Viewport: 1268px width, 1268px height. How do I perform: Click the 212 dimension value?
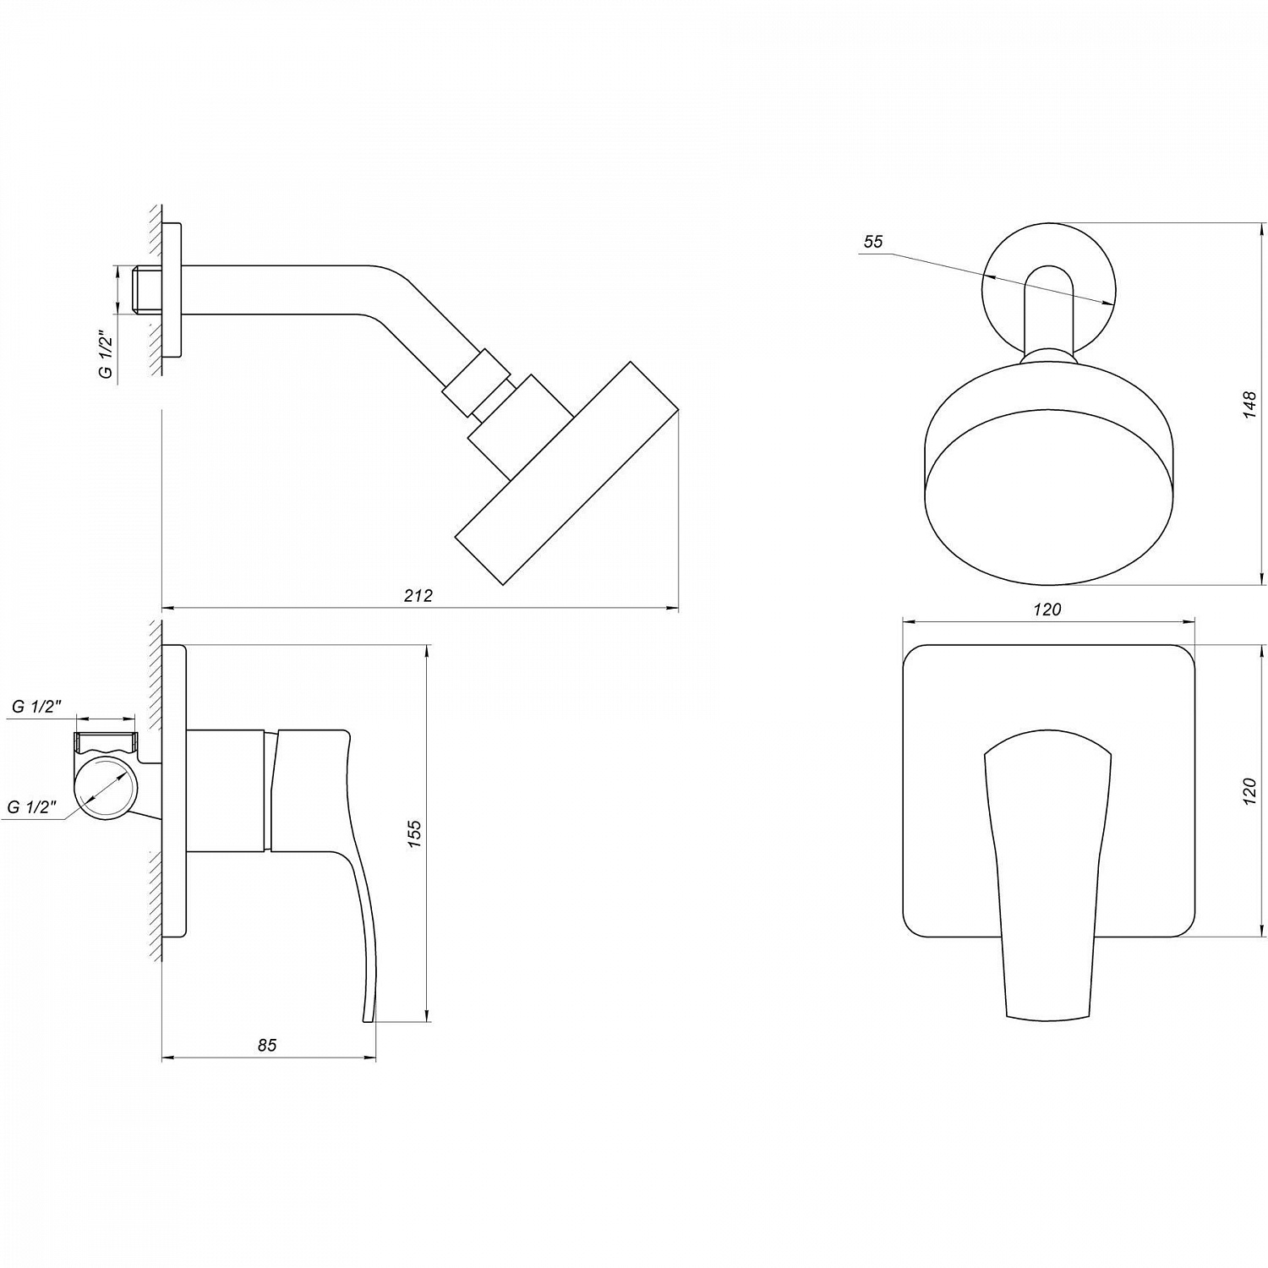tap(418, 595)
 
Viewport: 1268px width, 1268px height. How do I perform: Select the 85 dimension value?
tap(267, 1046)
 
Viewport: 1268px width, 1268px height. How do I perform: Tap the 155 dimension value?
tap(414, 833)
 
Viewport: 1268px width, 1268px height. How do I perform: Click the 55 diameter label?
tap(872, 242)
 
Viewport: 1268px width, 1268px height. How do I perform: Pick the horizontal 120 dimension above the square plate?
tap(1047, 609)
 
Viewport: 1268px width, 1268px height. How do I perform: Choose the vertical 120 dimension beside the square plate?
tap(1251, 789)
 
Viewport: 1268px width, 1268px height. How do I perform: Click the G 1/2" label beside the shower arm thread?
tap(106, 353)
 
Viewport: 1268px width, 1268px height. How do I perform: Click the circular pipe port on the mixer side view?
tap(107, 790)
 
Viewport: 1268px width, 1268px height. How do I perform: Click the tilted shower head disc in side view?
tap(566, 473)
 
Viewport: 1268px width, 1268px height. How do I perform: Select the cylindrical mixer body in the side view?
tap(227, 790)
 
